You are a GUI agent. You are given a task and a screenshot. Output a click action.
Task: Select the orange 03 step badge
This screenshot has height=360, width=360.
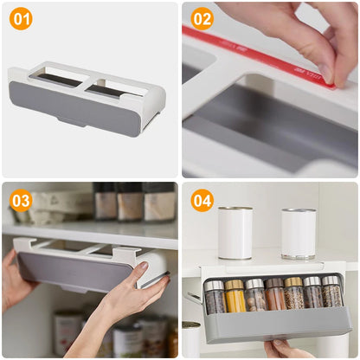[x=21, y=201]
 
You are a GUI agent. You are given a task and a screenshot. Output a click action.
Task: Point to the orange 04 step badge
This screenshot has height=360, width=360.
[x=202, y=201]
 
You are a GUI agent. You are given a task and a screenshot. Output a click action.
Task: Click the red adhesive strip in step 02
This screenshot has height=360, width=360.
[x=260, y=54]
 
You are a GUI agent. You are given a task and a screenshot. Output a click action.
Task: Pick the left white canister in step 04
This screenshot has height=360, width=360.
[x=235, y=232]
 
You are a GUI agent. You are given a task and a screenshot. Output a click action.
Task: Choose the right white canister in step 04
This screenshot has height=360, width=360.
[x=299, y=232]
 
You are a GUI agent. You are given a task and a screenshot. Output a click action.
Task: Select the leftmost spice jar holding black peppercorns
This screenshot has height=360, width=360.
[x=214, y=297]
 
